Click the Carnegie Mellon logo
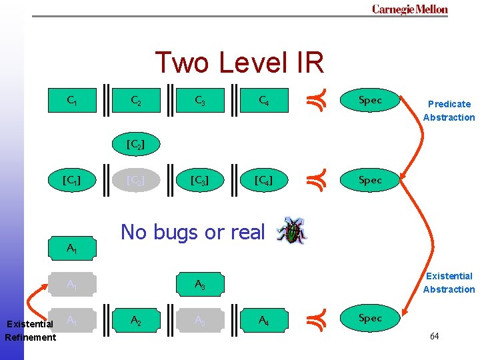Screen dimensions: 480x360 tap(409, 9)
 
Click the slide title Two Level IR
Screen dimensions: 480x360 tap(239, 63)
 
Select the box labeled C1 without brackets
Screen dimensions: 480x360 tap(72, 100)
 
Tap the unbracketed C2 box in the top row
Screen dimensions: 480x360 tap(135, 101)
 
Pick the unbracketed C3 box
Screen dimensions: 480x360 tap(199, 101)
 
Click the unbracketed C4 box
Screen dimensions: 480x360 tap(264, 101)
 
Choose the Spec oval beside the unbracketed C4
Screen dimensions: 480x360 tap(370, 100)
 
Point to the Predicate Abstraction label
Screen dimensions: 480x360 tap(449, 111)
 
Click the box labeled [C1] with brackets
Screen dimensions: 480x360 tap(72, 180)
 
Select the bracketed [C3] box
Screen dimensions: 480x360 tap(199, 180)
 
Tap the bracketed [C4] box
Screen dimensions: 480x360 tap(264, 180)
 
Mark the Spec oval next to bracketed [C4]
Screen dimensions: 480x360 tap(370, 180)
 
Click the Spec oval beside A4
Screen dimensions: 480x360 tap(370, 318)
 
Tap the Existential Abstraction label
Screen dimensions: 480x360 tap(449, 283)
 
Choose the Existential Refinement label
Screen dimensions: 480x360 tap(30, 331)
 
